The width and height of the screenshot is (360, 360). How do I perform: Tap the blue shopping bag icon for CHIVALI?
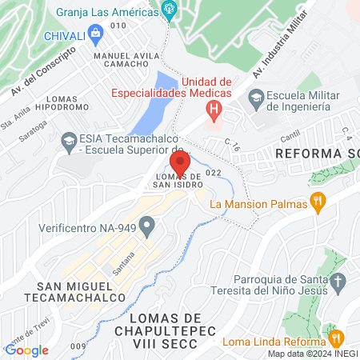(x=96, y=34)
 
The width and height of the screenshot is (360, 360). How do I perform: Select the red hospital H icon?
(x=213, y=108)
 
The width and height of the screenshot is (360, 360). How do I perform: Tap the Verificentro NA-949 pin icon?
(x=147, y=227)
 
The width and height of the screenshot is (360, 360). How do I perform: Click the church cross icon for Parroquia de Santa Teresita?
(x=338, y=282)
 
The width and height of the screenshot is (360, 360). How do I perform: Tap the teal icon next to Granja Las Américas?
(x=168, y=10)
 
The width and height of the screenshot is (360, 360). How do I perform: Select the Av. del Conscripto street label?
(x=43, y=69)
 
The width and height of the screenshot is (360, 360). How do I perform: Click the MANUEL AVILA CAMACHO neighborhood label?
(x=122, y=60)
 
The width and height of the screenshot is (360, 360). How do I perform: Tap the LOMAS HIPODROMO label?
(x=74, y=102)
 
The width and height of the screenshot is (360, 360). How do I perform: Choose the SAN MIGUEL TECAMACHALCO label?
(x=73, y=290)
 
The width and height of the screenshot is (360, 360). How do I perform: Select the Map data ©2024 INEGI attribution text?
(x=312, y=353)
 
